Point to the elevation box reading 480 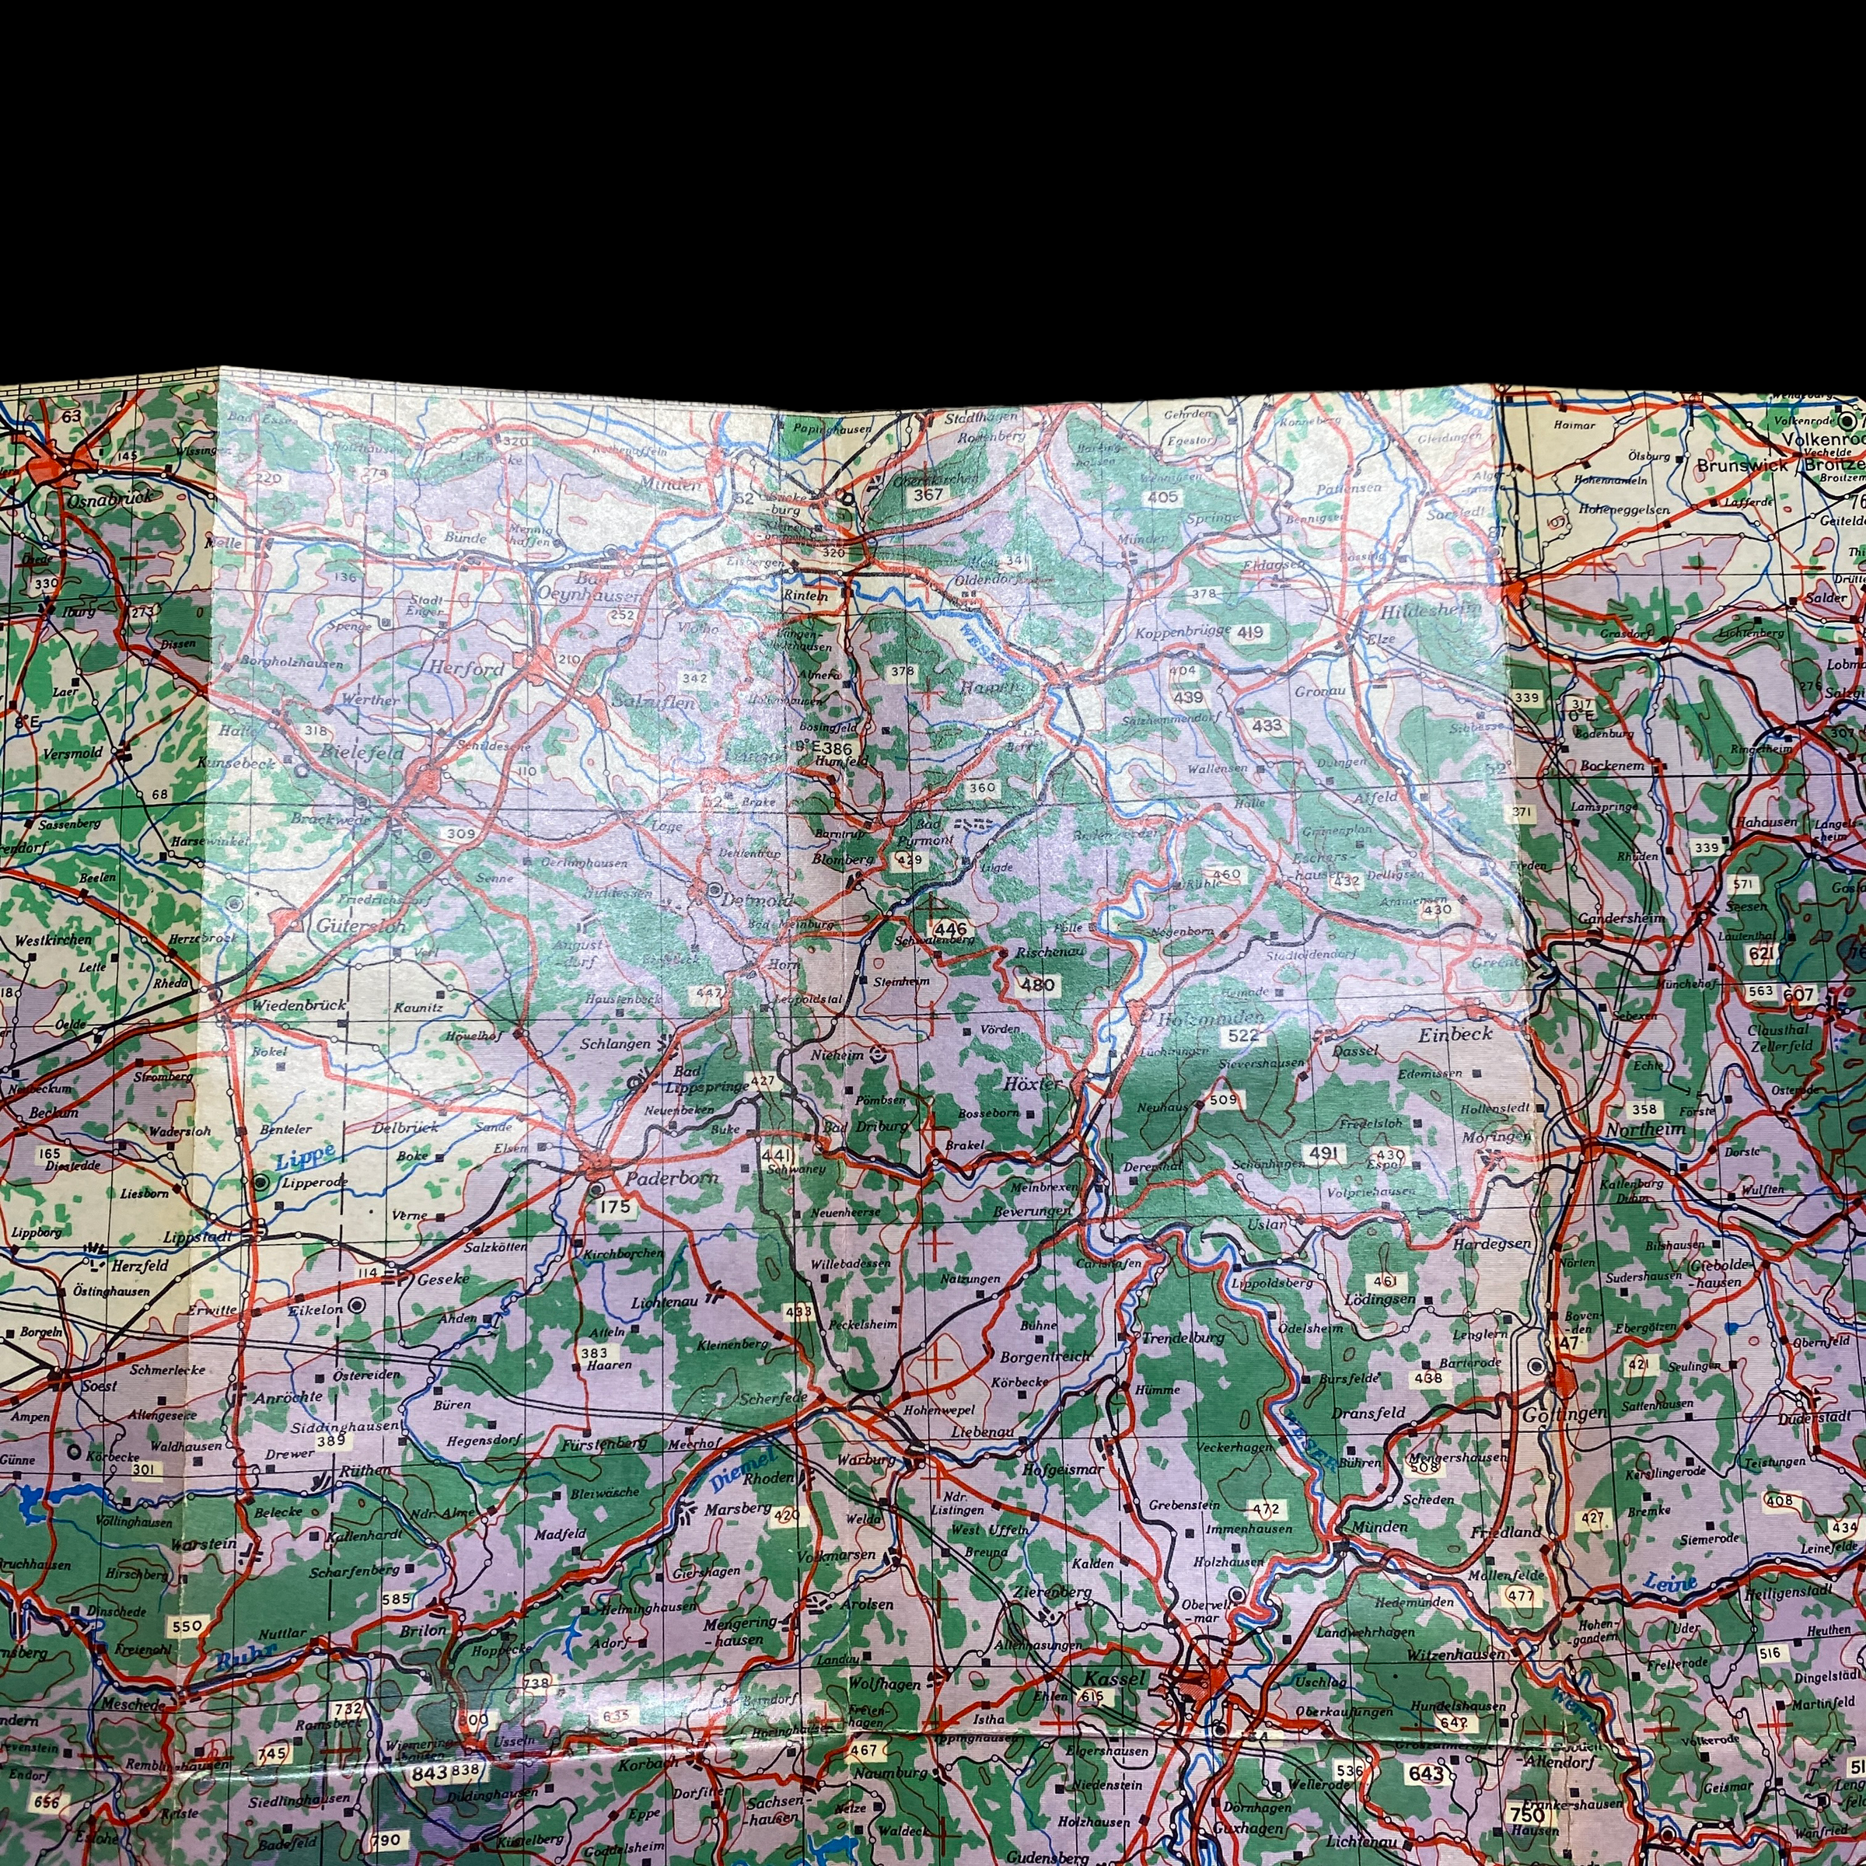point(1037,985)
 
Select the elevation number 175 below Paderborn point(614,1207)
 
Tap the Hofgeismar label point(1062,1471)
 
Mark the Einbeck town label point(1455,1033)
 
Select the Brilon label point(423,1630)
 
